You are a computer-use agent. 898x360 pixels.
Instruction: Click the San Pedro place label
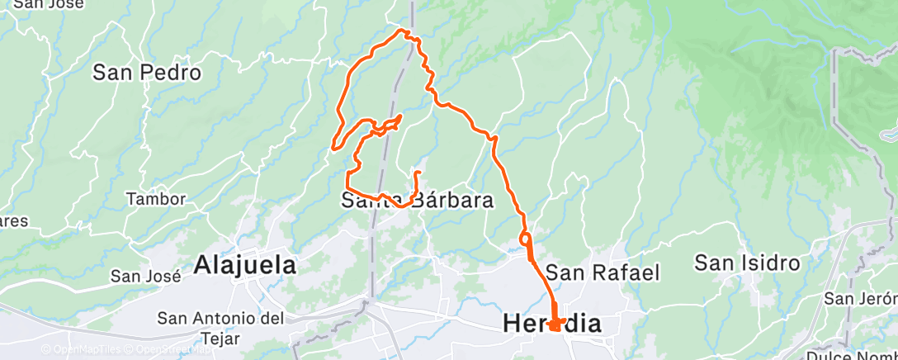pos(147,73)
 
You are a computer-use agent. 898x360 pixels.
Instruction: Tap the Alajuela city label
pos(245,265)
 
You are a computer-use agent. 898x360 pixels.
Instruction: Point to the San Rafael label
pos(603,272)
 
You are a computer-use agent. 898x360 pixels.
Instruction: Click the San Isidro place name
pos(747,263)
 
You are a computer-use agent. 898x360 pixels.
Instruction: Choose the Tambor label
pos(156,199)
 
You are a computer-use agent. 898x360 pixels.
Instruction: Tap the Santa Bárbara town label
pos(418,200)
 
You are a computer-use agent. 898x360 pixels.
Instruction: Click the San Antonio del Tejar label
pos(221,327)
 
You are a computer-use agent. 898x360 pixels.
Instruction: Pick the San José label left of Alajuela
pos(146,277)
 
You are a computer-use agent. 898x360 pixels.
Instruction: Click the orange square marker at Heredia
pos(555,324)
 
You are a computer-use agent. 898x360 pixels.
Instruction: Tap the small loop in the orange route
pos(525,239)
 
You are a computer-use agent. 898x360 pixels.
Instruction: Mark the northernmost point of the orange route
pos(404,31)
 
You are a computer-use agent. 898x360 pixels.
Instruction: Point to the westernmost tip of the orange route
pos(333,148)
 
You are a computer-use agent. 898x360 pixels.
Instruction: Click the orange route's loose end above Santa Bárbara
pos(417,173)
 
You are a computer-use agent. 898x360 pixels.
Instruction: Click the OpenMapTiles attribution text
pos(83,350)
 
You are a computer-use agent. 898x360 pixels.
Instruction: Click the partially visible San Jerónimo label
pos(862,298)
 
